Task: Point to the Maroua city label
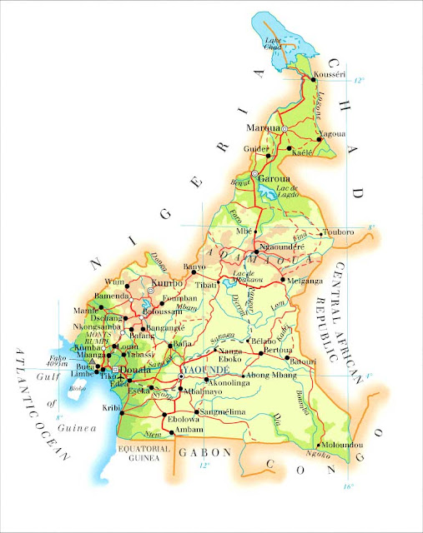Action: point(263,128)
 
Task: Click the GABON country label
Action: point(205,452)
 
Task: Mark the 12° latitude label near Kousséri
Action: point(359,81)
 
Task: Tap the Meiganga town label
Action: point(303,281)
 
